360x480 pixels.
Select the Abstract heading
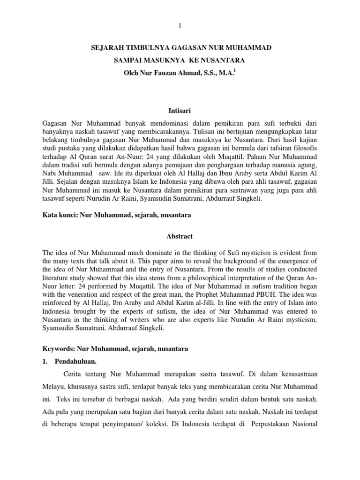[x=180, y=237]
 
